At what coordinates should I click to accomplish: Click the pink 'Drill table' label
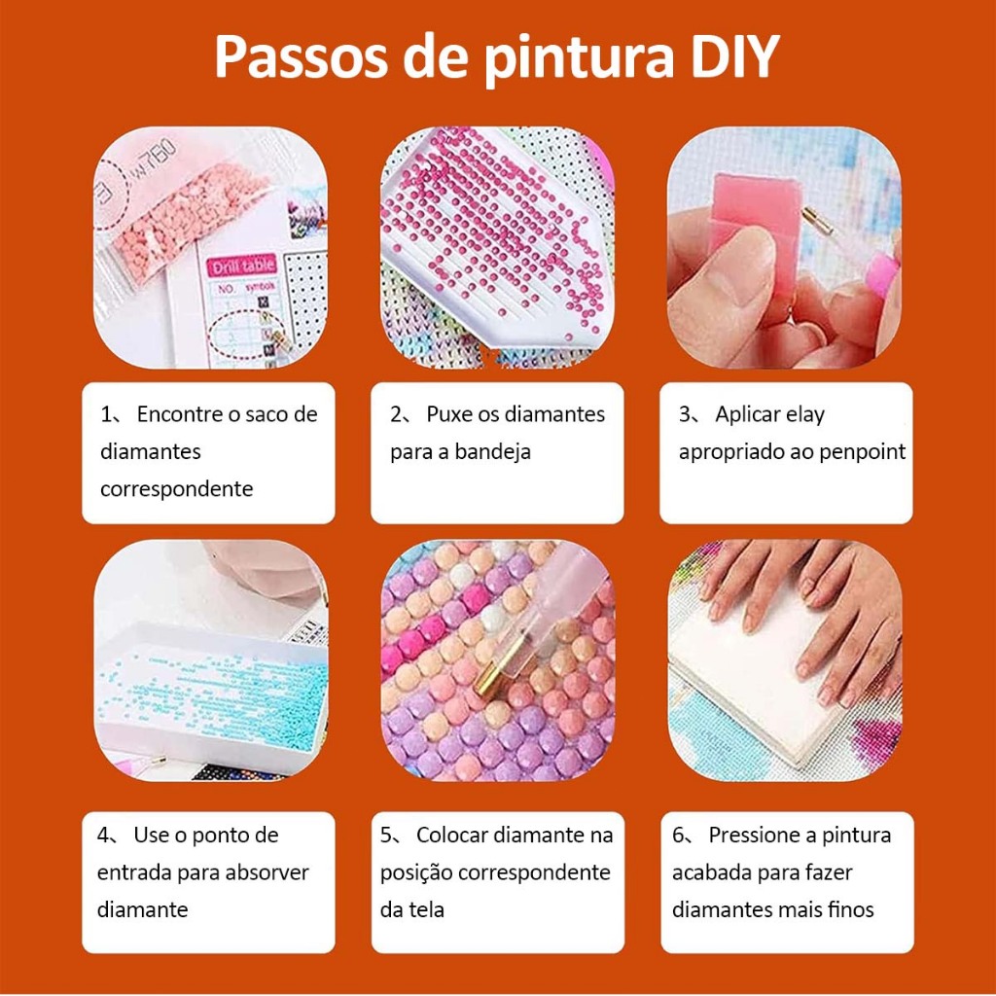pos(243,266)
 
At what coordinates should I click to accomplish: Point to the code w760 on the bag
pos(154,159)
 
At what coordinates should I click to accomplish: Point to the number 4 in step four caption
pos(103,836)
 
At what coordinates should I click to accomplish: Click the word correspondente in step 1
pos(177,489)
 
